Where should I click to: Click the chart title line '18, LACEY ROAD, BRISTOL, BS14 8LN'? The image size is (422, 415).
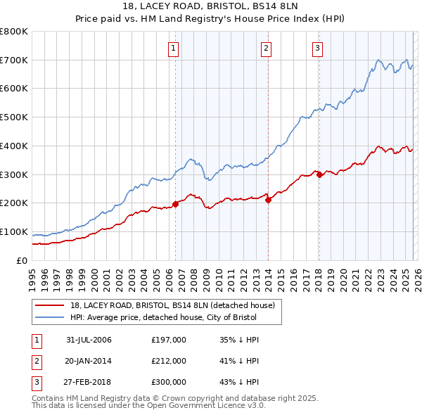tap(210, 7)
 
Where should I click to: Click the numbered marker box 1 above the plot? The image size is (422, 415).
tap(173, 49)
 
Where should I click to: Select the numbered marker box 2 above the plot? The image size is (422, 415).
tap(267, 49)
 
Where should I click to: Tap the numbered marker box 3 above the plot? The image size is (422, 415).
tap(317, 49)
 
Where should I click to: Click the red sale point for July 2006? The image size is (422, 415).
tap(175, 204)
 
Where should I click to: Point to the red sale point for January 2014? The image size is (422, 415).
tap(268, 200)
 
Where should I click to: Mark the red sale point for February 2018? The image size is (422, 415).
tap(319, 175)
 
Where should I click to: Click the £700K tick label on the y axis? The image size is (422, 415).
tap(14, 60)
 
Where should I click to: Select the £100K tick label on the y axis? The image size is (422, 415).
tap(14, 232)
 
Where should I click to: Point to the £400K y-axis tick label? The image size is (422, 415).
tap(14, 146)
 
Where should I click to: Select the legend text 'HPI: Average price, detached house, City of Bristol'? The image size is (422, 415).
tap(163, 317)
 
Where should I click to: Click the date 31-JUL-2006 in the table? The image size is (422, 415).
tap(89, 340)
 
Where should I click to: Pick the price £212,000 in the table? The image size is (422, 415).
tap(169, 361)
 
